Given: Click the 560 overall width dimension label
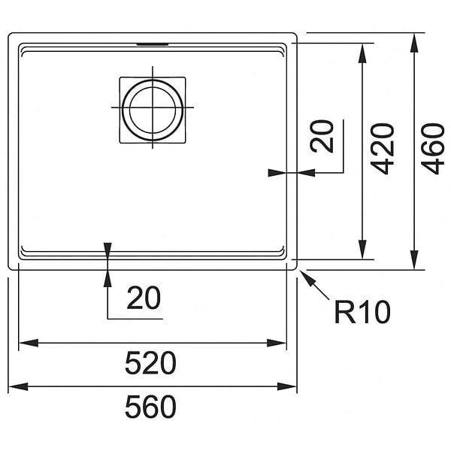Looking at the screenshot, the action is [x=151, y=407].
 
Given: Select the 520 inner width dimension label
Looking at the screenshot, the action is [x=151, y=363].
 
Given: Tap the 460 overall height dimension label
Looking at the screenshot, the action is [x=433, y=149].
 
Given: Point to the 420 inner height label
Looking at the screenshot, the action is [x=383, y=149].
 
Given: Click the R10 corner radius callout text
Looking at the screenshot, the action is [x=362, y=312].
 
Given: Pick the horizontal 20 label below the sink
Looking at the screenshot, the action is [x=144, y=298].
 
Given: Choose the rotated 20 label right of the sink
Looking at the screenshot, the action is [x=322, y=136].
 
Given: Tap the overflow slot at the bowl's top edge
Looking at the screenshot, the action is [x=153, y=44].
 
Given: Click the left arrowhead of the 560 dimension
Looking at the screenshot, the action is [x=18, y=386].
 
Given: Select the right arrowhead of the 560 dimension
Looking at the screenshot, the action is [x=287, y=386].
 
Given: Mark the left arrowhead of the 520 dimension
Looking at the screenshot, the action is [x=29, y=343].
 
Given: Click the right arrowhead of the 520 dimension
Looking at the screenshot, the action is [x=277, y=343].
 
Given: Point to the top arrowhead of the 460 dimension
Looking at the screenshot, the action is [x=414, y=43].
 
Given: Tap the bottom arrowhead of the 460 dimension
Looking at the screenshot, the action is [x=414, y=260].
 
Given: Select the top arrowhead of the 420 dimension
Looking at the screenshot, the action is [x=363, y=53].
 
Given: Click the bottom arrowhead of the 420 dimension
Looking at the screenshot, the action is [x=363, y=250].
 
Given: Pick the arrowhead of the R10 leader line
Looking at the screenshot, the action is [x=306, y=277].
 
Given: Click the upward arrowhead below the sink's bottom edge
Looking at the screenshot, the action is [x=107, y=278].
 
